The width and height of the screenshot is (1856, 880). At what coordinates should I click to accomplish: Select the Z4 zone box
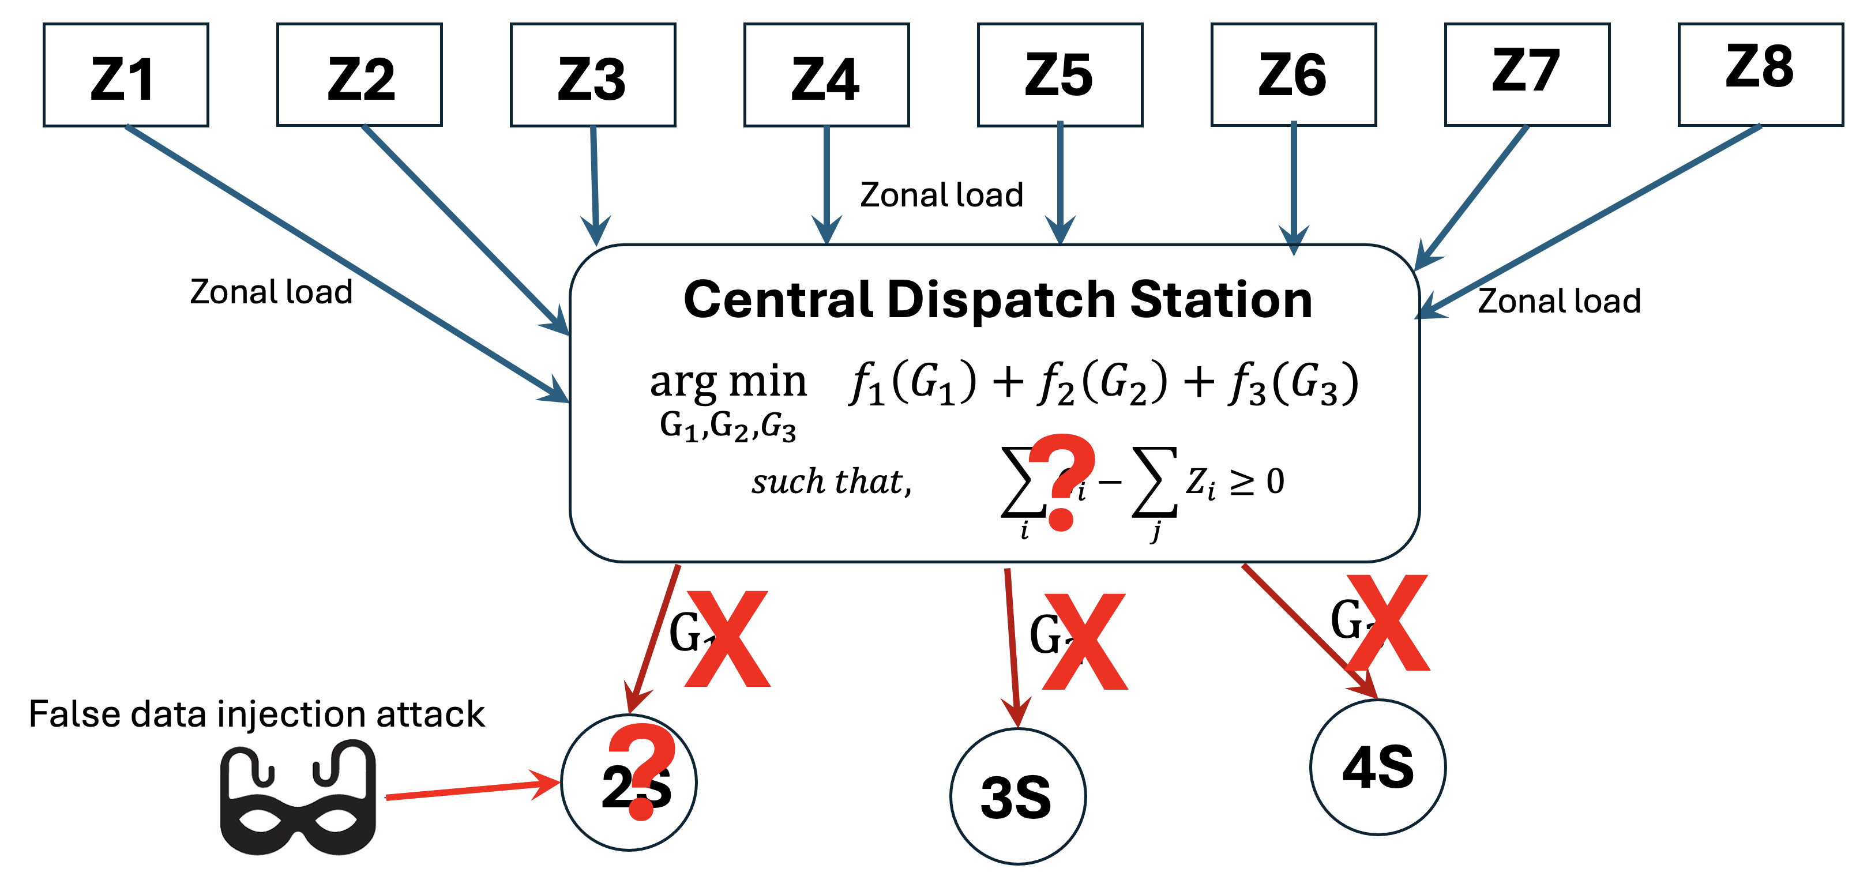tap(826, 75)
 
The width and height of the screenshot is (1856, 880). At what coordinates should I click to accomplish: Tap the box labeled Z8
tap(1760, 75)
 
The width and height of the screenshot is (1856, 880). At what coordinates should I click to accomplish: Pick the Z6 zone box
tap(1293, 75)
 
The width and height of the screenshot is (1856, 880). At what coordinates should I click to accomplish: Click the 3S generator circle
tap(1017, 796)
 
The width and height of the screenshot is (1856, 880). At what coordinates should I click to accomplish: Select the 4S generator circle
tap(1378, 767)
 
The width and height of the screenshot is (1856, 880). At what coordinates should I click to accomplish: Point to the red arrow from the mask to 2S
tap(472, 790)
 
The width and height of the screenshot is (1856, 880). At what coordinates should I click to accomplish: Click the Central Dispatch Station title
tap(998, 299)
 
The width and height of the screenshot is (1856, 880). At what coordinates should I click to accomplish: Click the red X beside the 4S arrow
tap(1388, 623)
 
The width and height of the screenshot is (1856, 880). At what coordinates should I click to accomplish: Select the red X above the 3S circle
tap(1085, 641)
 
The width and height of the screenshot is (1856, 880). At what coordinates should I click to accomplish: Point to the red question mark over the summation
tap(1061, 481)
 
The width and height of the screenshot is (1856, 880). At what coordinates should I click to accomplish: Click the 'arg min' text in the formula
tap(728, 382)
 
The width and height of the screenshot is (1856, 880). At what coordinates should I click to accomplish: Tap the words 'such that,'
tap(832, 481)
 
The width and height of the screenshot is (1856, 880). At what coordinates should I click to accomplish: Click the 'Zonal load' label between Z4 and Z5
tap(942, 195)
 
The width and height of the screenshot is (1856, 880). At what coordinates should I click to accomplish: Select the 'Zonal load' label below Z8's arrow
tap(1559, 301)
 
